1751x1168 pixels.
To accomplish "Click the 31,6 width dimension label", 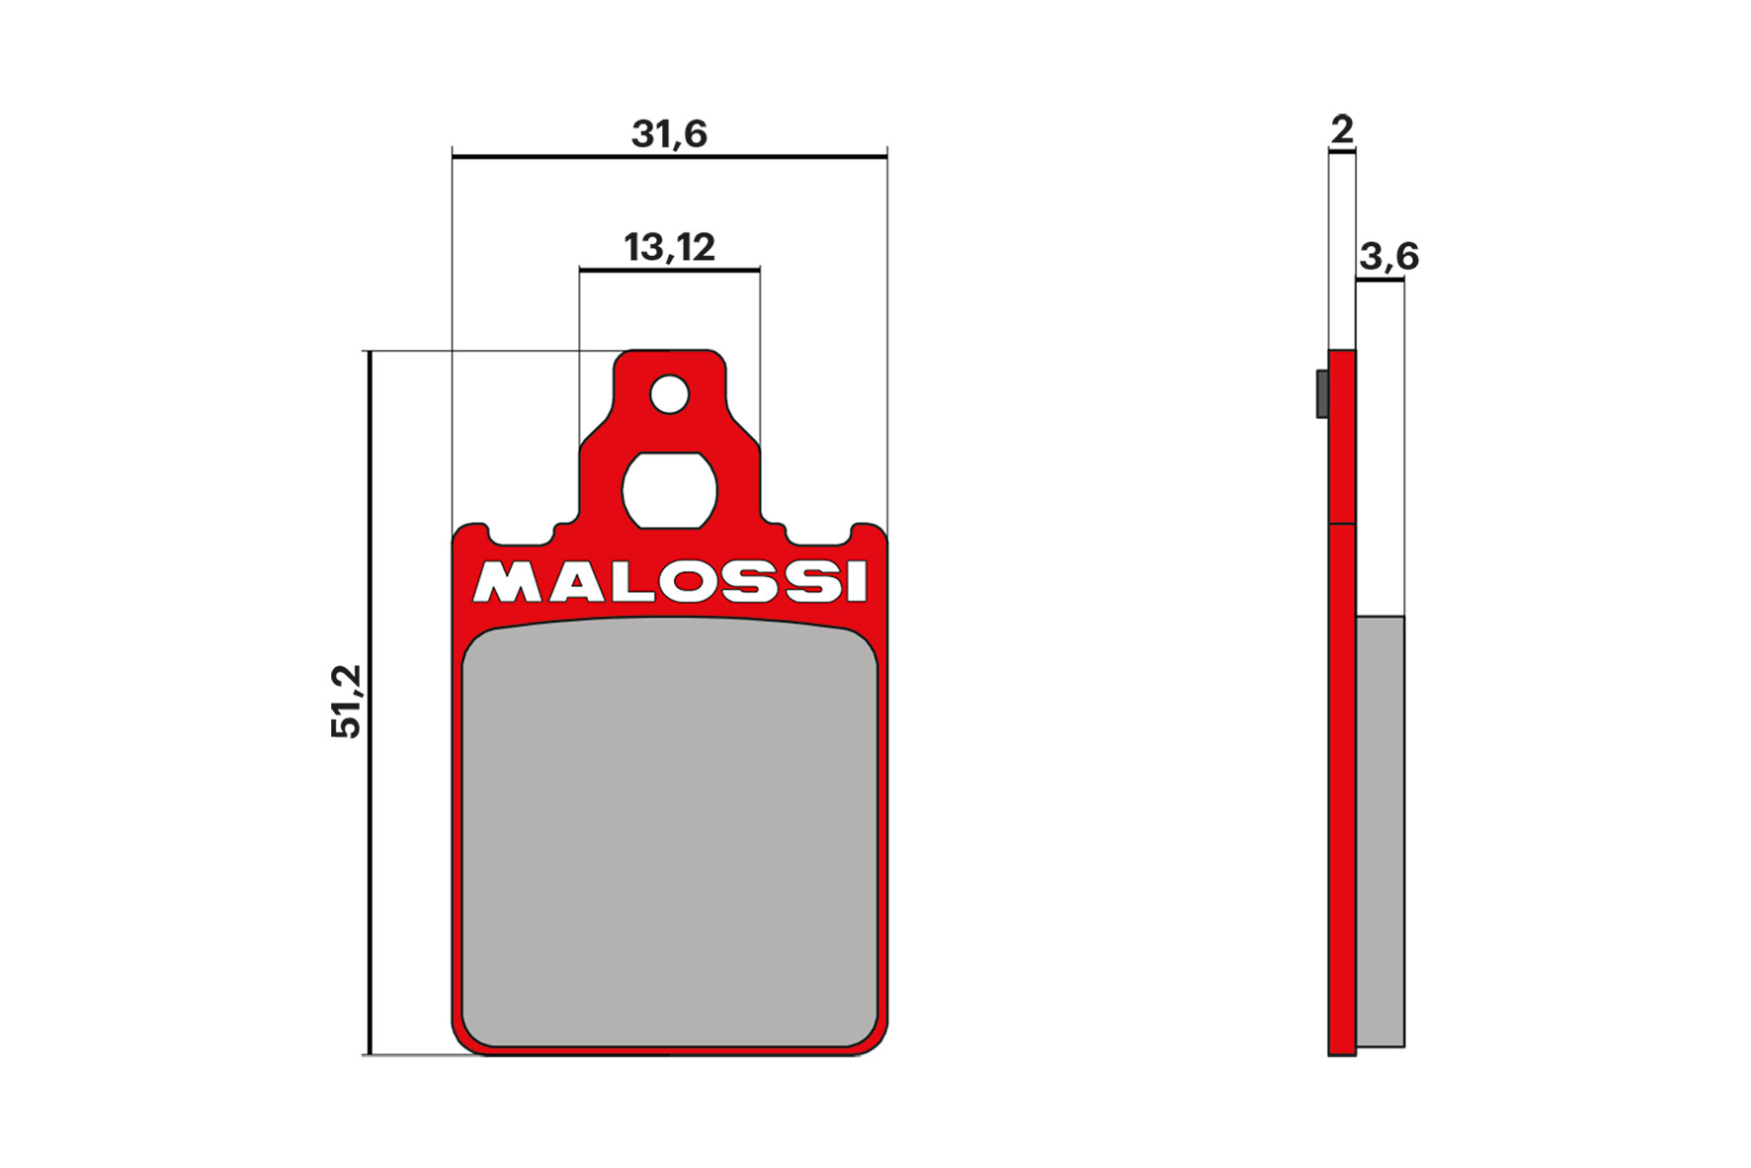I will coord(669,133).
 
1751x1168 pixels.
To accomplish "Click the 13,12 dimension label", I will coord(669,247).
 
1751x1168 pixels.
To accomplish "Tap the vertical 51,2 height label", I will coord(347,701).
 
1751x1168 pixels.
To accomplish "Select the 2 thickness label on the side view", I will coord(1341,129).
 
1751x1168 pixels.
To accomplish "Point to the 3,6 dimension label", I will coord(1388,257).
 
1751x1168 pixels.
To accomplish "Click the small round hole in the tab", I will coord(669,394).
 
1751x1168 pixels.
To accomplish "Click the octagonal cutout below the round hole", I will coord(669,490).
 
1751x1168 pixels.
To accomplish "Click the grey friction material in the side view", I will coord(1379,830).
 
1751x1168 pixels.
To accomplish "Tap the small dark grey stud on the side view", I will coord(1322,393).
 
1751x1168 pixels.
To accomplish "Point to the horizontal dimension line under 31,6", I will coord(669,156).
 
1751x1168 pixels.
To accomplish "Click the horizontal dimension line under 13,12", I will coord(669,269).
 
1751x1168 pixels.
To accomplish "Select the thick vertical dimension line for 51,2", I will coord(369,702).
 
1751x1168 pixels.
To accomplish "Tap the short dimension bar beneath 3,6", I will coord(1379,280).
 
